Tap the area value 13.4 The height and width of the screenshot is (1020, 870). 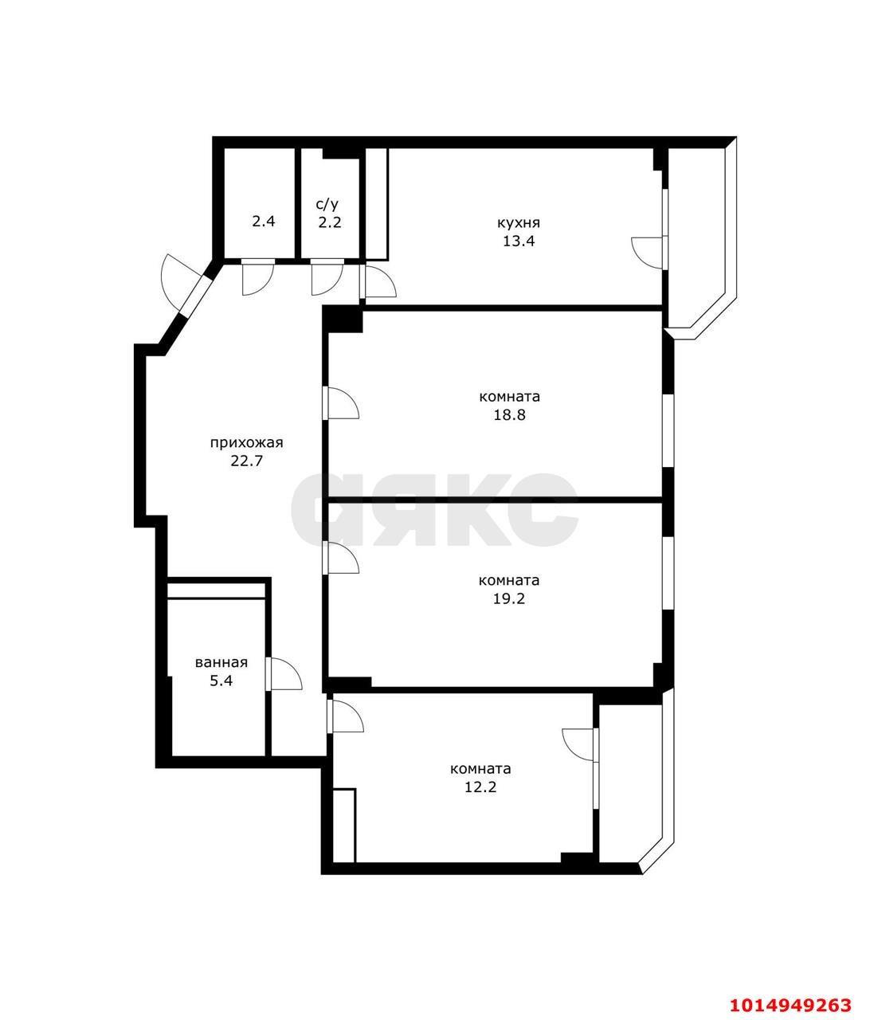pos(519,241)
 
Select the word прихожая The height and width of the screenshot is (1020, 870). pos(247,443)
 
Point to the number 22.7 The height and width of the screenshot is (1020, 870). pos(247,461)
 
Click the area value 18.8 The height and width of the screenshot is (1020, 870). pos(510,415)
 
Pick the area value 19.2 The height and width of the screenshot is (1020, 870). pos(509,599)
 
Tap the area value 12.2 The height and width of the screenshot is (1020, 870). pos(480,787)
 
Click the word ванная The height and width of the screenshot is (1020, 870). pos(221,663)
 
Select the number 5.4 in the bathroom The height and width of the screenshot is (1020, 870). pos(221,681)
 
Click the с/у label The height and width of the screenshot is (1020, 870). pos(327,204)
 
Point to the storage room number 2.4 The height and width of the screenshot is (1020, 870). pos(264,221)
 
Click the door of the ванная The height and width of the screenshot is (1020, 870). pos(284,673)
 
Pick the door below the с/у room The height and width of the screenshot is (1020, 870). pos(327,277)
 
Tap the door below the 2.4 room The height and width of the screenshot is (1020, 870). pos(258,277)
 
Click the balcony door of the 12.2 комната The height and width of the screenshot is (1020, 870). pos(580,744)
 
